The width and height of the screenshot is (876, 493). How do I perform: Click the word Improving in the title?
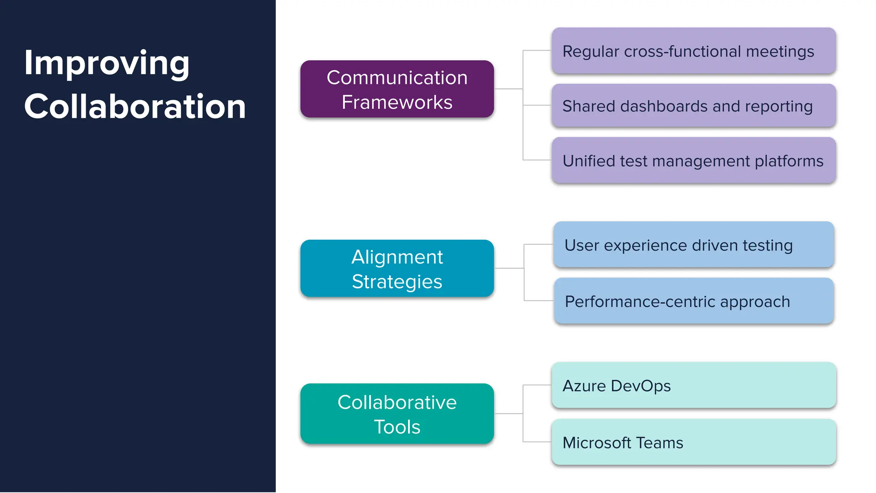[x=107, y=63]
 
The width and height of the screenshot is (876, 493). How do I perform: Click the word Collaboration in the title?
[x=135, y=107]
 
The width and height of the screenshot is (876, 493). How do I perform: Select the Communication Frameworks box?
[x=397, y=89]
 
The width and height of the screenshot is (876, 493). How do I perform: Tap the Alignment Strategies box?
[x=397, y=268]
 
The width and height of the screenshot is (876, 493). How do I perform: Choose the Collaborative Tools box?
[x=397, y=413]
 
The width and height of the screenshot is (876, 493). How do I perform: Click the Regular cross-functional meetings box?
[x=693, y=51]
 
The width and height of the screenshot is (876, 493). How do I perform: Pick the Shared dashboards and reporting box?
[x=693, y=106]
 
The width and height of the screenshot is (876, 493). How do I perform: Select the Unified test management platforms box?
[x=693, y=160]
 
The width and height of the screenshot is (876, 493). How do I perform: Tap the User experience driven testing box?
[x=693, y=245]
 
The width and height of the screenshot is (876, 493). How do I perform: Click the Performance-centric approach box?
[x=693, y=301]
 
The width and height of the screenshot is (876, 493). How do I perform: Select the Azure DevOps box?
[x=693, y=385]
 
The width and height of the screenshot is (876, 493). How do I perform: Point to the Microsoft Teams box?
[x=693, y=442]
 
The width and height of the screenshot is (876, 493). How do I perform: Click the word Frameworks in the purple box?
[x=397, y=102]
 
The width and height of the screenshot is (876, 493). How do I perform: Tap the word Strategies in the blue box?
[x=397, y=282]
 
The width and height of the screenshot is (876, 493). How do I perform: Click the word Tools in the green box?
[x=397, y=427]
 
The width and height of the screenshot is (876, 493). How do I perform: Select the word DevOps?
[x=640, y=386]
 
